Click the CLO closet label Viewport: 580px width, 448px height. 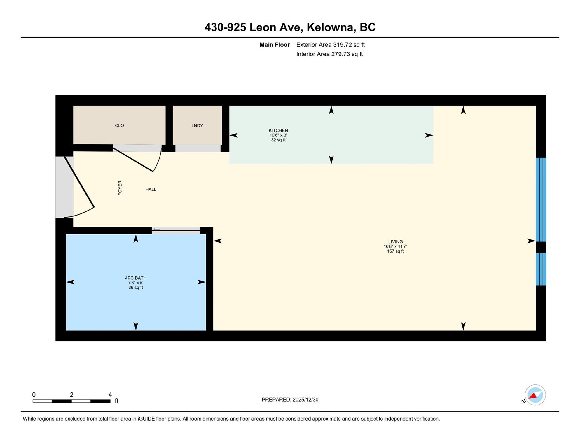(x=119, y=126)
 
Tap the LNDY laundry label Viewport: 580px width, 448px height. (x=197, y=126)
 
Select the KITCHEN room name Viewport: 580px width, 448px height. (x=278, y=130)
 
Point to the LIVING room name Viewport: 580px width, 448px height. (x=395, y=242)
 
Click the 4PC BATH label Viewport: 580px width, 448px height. (x=136, y=278)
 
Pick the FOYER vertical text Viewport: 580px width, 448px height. (x=120, y=188)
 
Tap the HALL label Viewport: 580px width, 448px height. (x=151, y=190)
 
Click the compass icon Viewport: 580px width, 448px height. (x=535, y=395)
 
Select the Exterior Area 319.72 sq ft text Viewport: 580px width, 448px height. (x=331, y=45)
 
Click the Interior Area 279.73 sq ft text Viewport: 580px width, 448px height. (x=330, y=54)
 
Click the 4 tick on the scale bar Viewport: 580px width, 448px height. (x=110, y=395)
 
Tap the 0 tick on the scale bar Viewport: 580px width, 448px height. (x=34, y=395)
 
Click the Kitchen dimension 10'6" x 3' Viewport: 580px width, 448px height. (x=278, y=135)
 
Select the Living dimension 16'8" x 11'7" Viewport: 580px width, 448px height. (x=395, y=246)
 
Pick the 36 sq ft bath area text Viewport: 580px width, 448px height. (x=136, y=288)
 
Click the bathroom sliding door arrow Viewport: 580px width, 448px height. (x=157, y=229)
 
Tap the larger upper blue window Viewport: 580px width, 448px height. (x=541, y=200)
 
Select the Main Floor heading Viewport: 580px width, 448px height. (x=275, y=45)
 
